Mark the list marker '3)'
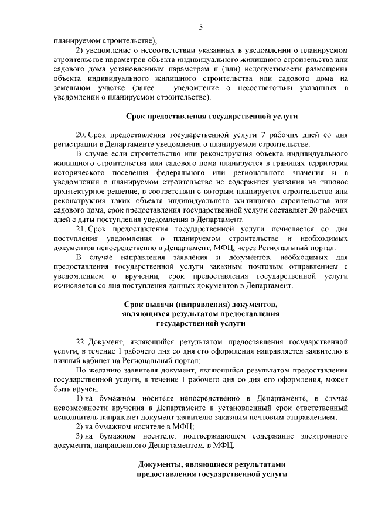81,436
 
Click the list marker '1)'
81,399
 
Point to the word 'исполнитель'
74,418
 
